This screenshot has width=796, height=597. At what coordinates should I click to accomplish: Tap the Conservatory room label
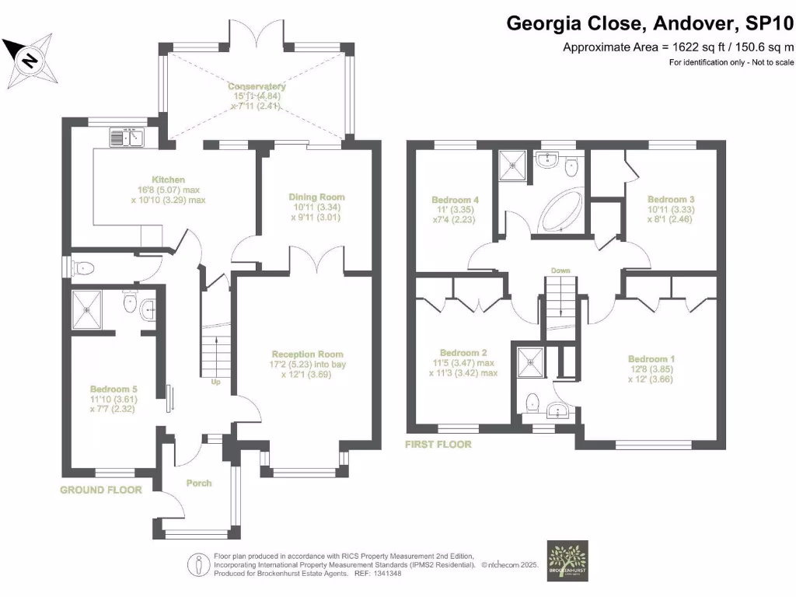point(257,86)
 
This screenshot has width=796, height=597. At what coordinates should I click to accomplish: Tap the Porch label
point(199,483)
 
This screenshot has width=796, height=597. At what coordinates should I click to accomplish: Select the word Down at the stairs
point(560,271)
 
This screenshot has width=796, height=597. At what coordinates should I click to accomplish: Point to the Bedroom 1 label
point(651,359)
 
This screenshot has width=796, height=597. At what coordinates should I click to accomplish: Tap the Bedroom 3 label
point(670,199)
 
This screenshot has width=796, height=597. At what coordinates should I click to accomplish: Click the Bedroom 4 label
point(455,200)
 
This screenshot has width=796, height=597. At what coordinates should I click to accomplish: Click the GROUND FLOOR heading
point(101,490)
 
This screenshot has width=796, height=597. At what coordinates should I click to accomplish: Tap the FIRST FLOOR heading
point(438,445)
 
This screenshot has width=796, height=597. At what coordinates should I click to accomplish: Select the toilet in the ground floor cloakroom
point(83,269)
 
